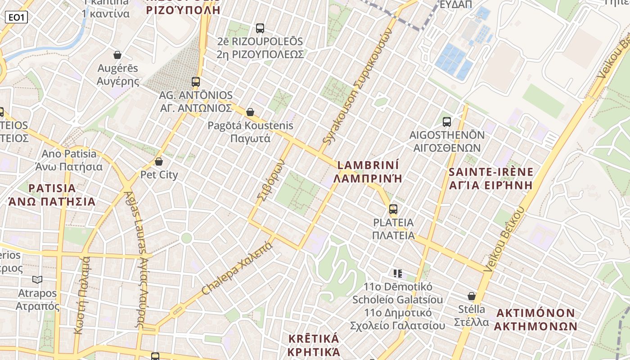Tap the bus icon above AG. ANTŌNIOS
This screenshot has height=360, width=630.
195,81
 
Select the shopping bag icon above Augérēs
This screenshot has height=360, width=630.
117,55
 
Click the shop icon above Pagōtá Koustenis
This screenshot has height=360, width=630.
250,112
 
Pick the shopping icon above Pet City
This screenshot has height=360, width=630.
158,161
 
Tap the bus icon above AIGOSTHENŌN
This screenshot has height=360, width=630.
447,121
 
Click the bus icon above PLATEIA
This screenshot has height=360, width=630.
393,209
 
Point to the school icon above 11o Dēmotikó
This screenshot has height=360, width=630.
397,273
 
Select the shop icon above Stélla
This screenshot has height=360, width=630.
472,296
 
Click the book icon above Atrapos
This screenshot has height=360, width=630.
37,280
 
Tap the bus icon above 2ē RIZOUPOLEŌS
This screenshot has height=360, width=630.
260,28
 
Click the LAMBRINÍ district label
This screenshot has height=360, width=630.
368,165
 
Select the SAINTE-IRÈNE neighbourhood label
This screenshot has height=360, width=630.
491,172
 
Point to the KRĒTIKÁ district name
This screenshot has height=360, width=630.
313,339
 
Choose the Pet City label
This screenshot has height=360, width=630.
159,175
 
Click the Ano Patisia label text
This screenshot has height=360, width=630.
69,154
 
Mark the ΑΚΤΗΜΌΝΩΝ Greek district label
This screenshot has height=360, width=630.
535,326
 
